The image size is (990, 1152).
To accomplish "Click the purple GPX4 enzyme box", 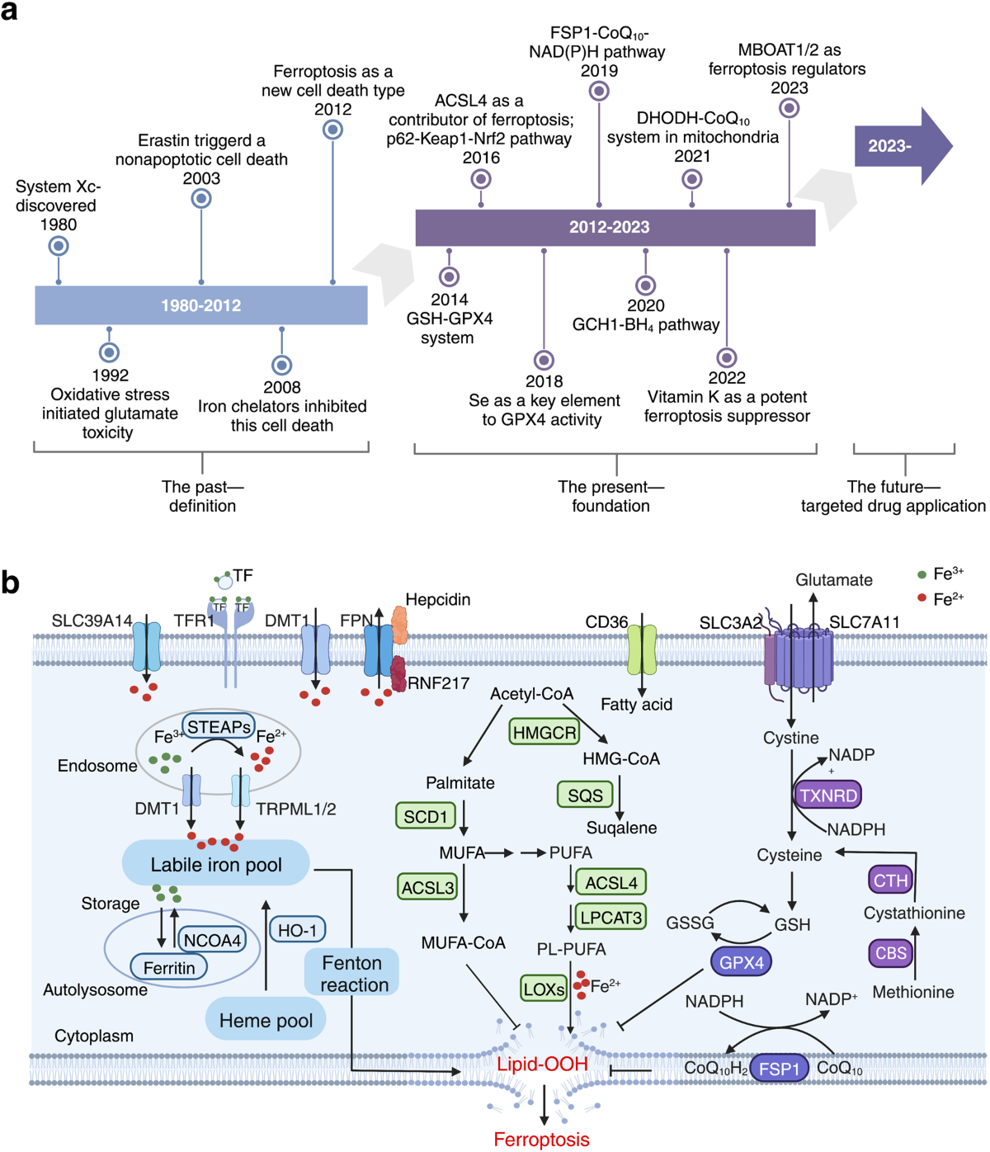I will [742, 962].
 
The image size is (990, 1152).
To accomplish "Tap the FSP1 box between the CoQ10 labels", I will [780, 1069].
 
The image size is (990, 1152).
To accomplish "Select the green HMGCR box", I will [544, 732].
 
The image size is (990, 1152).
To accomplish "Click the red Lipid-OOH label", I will [542, 1065].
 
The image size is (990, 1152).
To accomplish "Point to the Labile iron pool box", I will [216, 864].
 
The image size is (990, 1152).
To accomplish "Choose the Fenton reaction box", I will [353, 974].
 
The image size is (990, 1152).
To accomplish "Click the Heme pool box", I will [266, 1021].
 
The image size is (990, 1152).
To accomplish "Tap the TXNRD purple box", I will [828, 796].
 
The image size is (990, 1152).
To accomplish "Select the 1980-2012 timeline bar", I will [201, 305].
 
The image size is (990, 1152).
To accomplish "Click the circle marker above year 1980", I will [58, 246].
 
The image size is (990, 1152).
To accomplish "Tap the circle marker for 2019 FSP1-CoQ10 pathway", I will [599, 92].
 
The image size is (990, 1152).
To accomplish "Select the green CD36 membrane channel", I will [642, 649].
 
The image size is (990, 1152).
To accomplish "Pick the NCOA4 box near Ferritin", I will [212, 940].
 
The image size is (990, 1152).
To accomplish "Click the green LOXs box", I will [544, 989].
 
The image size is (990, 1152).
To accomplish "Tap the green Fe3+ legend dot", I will [922, 574].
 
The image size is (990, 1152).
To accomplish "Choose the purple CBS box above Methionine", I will [891, 953].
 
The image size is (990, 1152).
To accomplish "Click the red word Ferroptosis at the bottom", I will [541, 1140].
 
